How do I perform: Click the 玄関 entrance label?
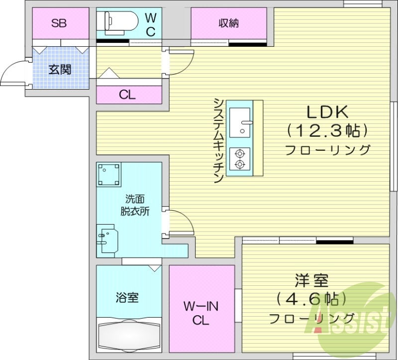60,69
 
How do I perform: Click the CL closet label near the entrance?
127,95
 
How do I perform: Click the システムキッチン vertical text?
218,140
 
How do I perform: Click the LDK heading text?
326,112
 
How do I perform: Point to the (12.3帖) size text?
327,131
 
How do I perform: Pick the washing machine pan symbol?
109,175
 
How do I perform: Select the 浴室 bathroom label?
127,298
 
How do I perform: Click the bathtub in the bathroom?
129,337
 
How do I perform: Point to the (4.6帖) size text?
311,299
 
